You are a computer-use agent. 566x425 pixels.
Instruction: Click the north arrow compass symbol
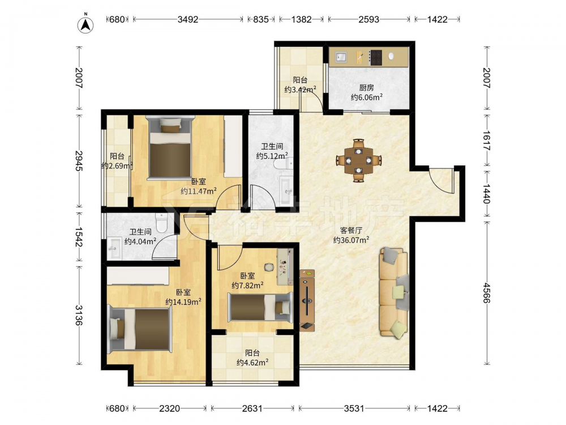click(85, 24)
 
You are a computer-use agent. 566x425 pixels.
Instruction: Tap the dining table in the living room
click(358, 160)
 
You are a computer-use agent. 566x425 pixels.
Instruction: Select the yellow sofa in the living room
click(393, 293)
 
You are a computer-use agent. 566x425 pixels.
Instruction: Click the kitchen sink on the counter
click(341, 57)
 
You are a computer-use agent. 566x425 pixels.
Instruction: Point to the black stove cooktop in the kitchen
click(375, 57)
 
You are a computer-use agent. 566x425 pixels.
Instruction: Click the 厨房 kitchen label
click(366, 88)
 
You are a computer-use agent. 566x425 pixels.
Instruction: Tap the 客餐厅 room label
click(351, 231)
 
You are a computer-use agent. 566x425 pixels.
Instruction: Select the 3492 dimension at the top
click(188, 19)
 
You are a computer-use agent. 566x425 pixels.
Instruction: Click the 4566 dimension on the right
click(487, 293)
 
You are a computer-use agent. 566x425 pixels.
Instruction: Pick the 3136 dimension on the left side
click(79, 314)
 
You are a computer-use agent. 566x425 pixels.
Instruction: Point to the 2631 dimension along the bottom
click(252, 409)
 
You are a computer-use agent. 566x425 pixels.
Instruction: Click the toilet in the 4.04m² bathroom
click(161, 222)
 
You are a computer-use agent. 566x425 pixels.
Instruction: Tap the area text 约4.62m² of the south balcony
click(252, 363)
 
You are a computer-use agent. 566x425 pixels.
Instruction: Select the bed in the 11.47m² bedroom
click(170, 147)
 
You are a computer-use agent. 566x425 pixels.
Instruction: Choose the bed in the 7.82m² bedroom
click(260, 307)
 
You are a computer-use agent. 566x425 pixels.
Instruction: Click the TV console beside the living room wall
click(307, 300)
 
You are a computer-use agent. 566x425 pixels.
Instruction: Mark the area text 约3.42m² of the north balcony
click(301, 90)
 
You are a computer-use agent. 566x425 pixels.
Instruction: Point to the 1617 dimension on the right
click(487, 141)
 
